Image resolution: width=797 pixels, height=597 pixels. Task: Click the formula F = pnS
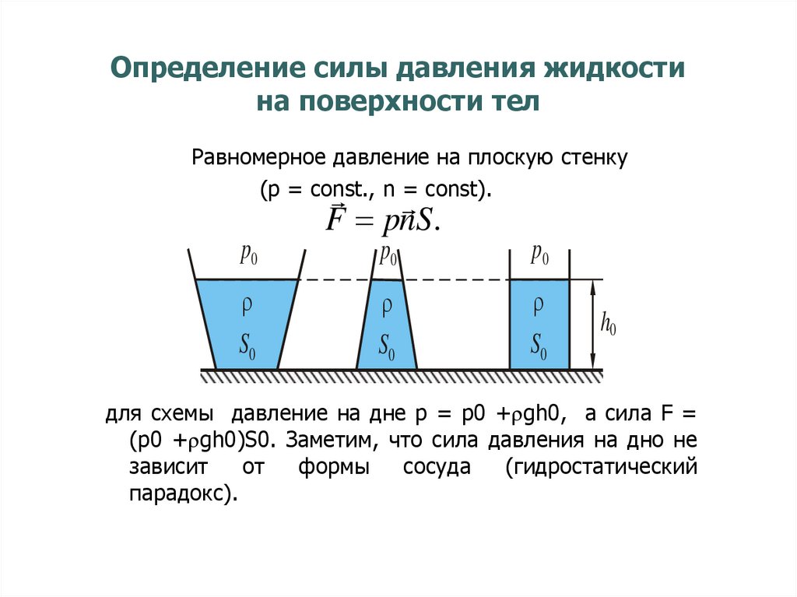click(x=382, y=220)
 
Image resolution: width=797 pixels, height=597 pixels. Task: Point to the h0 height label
click(x=609, y=324)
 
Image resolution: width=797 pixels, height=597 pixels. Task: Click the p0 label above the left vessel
click(x=249, y=255)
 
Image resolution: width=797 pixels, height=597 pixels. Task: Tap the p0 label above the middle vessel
click(x=388, y=255)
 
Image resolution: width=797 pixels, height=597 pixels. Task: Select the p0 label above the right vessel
click(x=539, y=255)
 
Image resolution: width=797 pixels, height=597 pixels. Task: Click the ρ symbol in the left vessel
click(x=247, y=306)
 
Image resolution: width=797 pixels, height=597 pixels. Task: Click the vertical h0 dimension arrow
click(x=593, y=324)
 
